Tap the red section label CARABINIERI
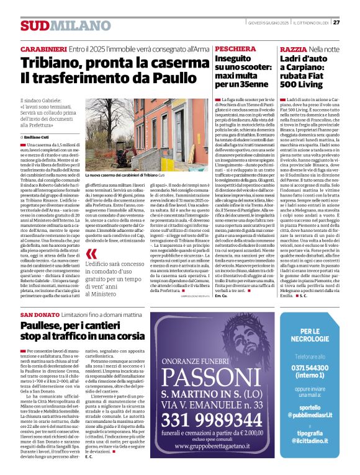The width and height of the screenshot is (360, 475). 43,48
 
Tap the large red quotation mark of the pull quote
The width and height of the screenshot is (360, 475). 92,255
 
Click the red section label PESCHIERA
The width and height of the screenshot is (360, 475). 231,48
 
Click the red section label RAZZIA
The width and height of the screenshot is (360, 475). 292,48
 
